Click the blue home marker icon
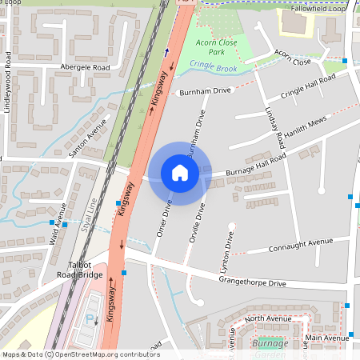tap(180, 173)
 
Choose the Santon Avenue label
tap(89, 138)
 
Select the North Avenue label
tap(268, 319)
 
